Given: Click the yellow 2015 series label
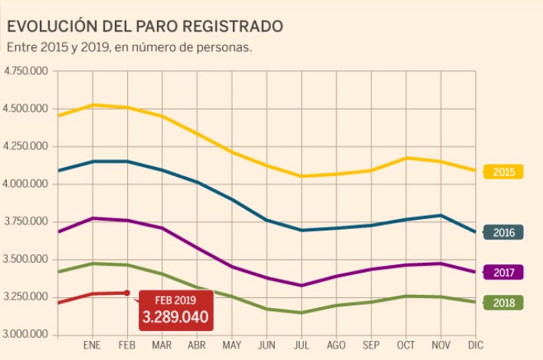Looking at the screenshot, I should click(503, 172).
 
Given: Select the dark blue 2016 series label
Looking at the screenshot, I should click(503, 232).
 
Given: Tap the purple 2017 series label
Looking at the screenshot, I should click(503, 272).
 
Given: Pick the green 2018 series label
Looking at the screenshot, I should click(503, 303).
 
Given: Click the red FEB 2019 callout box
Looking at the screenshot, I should click(175, 309).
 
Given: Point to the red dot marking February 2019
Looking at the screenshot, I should click(127, 292).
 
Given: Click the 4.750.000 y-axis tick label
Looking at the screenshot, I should click(27, 71).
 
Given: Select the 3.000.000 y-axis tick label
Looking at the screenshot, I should click(27, 335).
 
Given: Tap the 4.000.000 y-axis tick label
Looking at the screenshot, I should click(27, 184).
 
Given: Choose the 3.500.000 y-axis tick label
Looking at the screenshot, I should click(27, 260).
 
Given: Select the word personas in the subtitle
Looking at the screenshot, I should click(224, 47).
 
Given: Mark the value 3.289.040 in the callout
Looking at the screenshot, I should click(175, 315).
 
